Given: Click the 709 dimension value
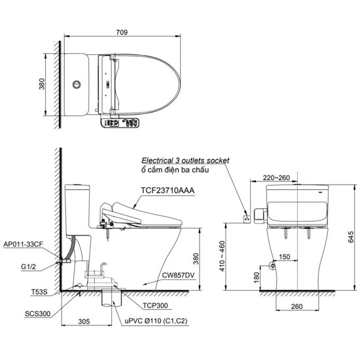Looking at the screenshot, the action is tap(122, 32).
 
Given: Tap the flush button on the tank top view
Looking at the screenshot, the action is tap(77, 84).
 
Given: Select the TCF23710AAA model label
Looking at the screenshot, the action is tap(168, 190).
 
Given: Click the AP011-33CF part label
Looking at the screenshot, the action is tap(23, 244).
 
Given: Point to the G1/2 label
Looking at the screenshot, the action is tap(28, 266).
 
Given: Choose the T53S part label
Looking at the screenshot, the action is tap(39, 292).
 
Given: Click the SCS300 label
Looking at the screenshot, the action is tap(37, 314).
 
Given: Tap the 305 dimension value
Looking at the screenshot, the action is tap(84, 321).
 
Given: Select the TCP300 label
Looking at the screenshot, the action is tap(155, 306).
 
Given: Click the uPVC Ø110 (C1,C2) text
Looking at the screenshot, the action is tap(156, 321).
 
